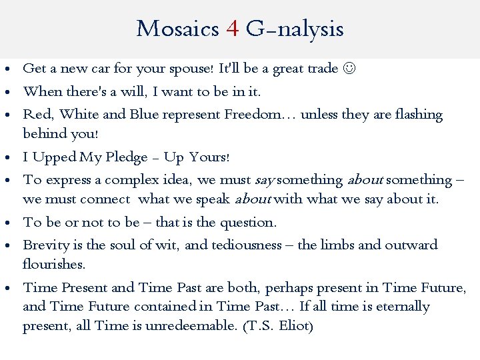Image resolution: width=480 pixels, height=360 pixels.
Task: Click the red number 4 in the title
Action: coord(233,29)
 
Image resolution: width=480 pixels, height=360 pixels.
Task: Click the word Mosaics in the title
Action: coord(177,29)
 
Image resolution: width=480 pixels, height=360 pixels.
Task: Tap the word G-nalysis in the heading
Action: coord(295,29)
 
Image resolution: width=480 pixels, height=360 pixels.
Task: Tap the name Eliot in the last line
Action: coord(293,326)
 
